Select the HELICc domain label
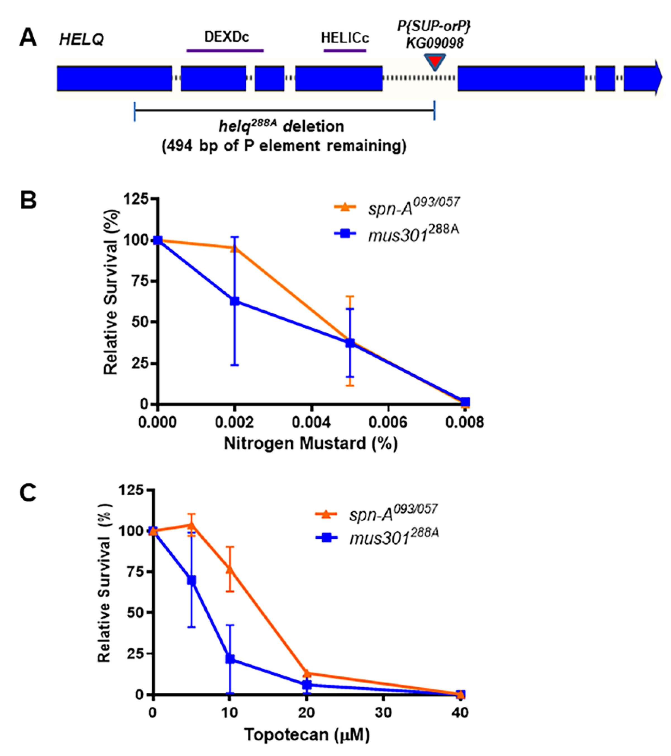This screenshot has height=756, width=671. pyautogui.click(x=345, y=38)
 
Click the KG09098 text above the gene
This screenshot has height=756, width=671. pyautogui.click(x=434, y=44)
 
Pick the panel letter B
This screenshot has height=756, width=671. pyautogui.click(x=28, y=201)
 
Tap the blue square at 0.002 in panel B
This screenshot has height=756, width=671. pyautogui.click(x=235, y=301)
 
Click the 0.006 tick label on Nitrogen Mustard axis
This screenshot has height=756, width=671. pyautogui.click(x=388, y=422)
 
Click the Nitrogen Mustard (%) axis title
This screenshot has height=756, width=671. pyautogui.click(x=311, y=443)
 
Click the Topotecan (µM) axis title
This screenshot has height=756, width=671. pyautogui.click(x=307, y=734)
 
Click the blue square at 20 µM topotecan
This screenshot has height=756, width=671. pyautogui.click(x=307, y=685)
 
